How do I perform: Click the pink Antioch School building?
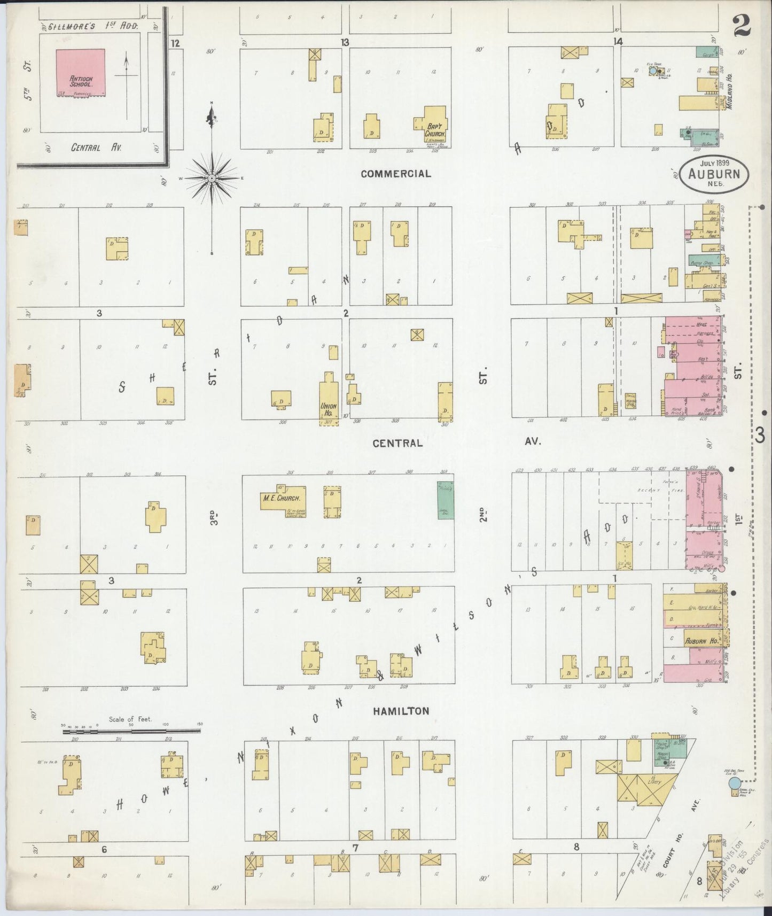tap(81, 73)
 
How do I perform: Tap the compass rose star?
tap(212, 177)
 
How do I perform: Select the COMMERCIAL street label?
tap(395, 174)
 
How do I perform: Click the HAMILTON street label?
tap(401, 711)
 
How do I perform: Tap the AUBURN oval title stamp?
tap(714, 173)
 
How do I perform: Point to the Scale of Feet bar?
tap(131, 730)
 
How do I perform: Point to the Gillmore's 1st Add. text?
tap(93, 26)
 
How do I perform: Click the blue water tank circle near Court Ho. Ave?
tap(735, 783)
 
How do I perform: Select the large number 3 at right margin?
tap(760, 436)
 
